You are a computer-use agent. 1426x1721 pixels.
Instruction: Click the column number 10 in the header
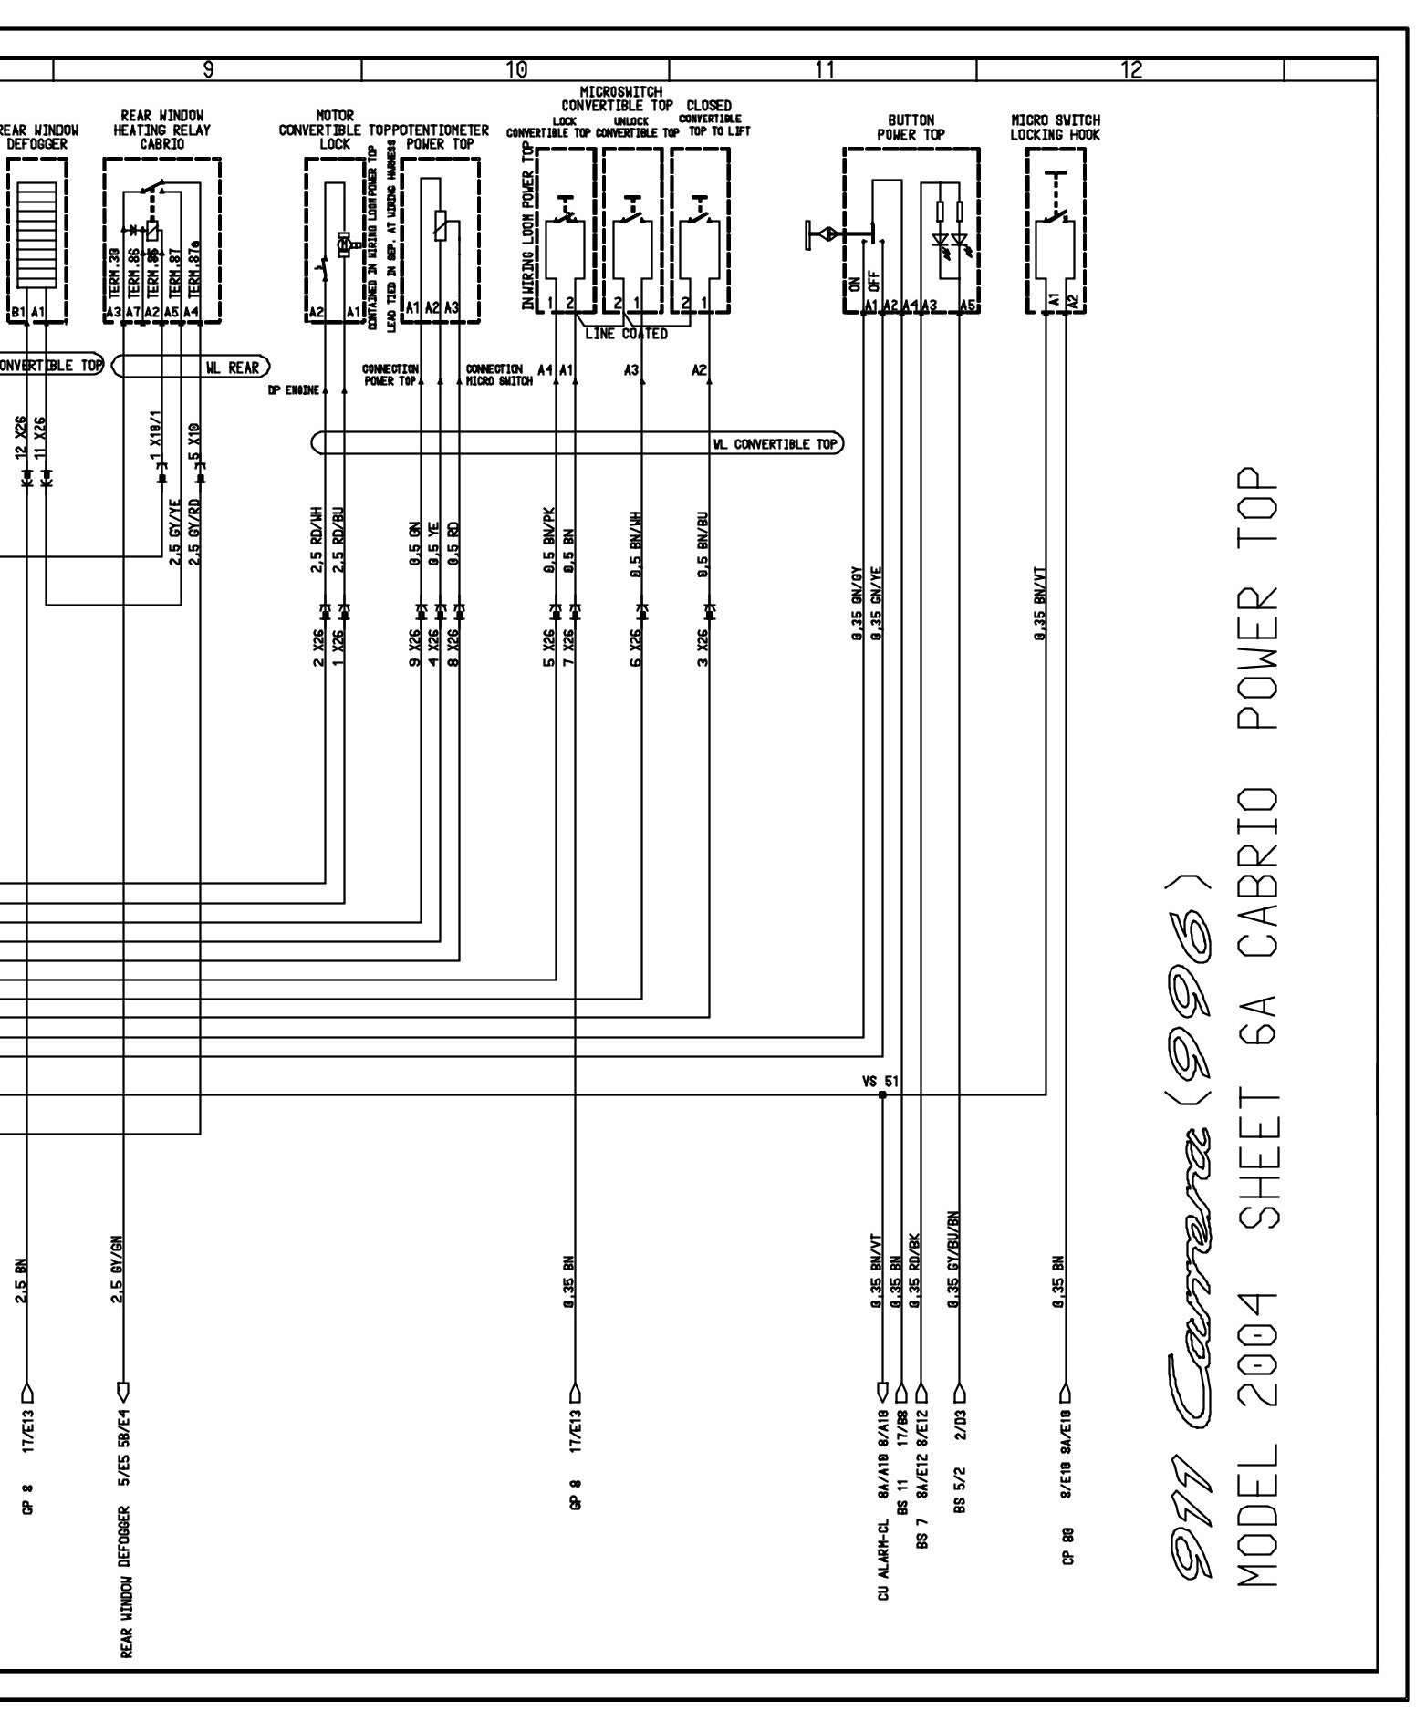tap(515, 68)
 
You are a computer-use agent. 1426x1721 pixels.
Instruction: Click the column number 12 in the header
tap(1130, 68)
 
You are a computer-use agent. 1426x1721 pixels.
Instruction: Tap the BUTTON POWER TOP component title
tap(911, 127)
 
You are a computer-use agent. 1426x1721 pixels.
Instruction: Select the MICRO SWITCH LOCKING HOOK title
tap(1055, 127)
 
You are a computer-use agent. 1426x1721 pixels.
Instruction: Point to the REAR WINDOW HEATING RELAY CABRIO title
tap(161, 130)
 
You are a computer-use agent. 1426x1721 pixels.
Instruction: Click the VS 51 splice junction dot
tap(881, 1094)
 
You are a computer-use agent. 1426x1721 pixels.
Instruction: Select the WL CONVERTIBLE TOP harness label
tap(775, 444)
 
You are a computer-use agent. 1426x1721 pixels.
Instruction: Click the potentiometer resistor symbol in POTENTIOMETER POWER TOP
tap(441, 225)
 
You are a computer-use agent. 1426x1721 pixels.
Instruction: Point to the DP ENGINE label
tap(294, 389)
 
